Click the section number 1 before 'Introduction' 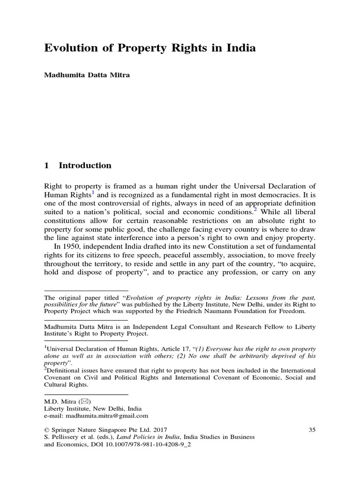[46, 165]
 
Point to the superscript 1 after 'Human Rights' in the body [94, 191]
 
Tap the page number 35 [313, 429]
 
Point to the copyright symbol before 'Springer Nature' [46, 429]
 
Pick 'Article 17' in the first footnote [172, 349]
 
